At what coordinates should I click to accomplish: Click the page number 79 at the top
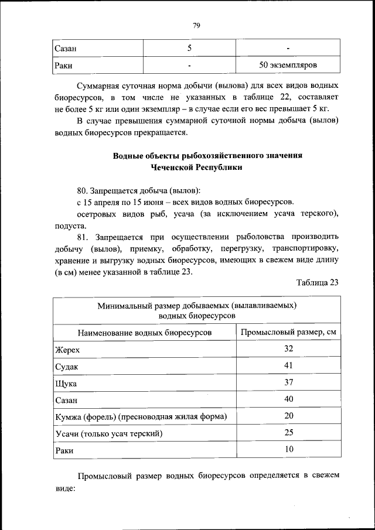tap(196, 25)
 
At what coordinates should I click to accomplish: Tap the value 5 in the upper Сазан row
tap(189, 47)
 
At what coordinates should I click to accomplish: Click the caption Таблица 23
tap(318, 282)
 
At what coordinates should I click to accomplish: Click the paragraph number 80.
tap(85, 191)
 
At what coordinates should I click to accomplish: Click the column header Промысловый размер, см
tap(288, 333)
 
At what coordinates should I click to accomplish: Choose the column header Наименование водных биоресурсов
tap(144, 333)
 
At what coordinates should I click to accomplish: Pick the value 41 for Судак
tap(288, 365)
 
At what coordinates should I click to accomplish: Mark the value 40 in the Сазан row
tap(288, 399)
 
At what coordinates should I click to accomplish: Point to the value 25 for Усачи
tap(288, 433)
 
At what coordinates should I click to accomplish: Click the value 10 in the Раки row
tap(288, 450)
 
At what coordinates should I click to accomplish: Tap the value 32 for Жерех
tap(288, 349)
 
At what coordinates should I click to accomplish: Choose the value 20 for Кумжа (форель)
tap(288, 416)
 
